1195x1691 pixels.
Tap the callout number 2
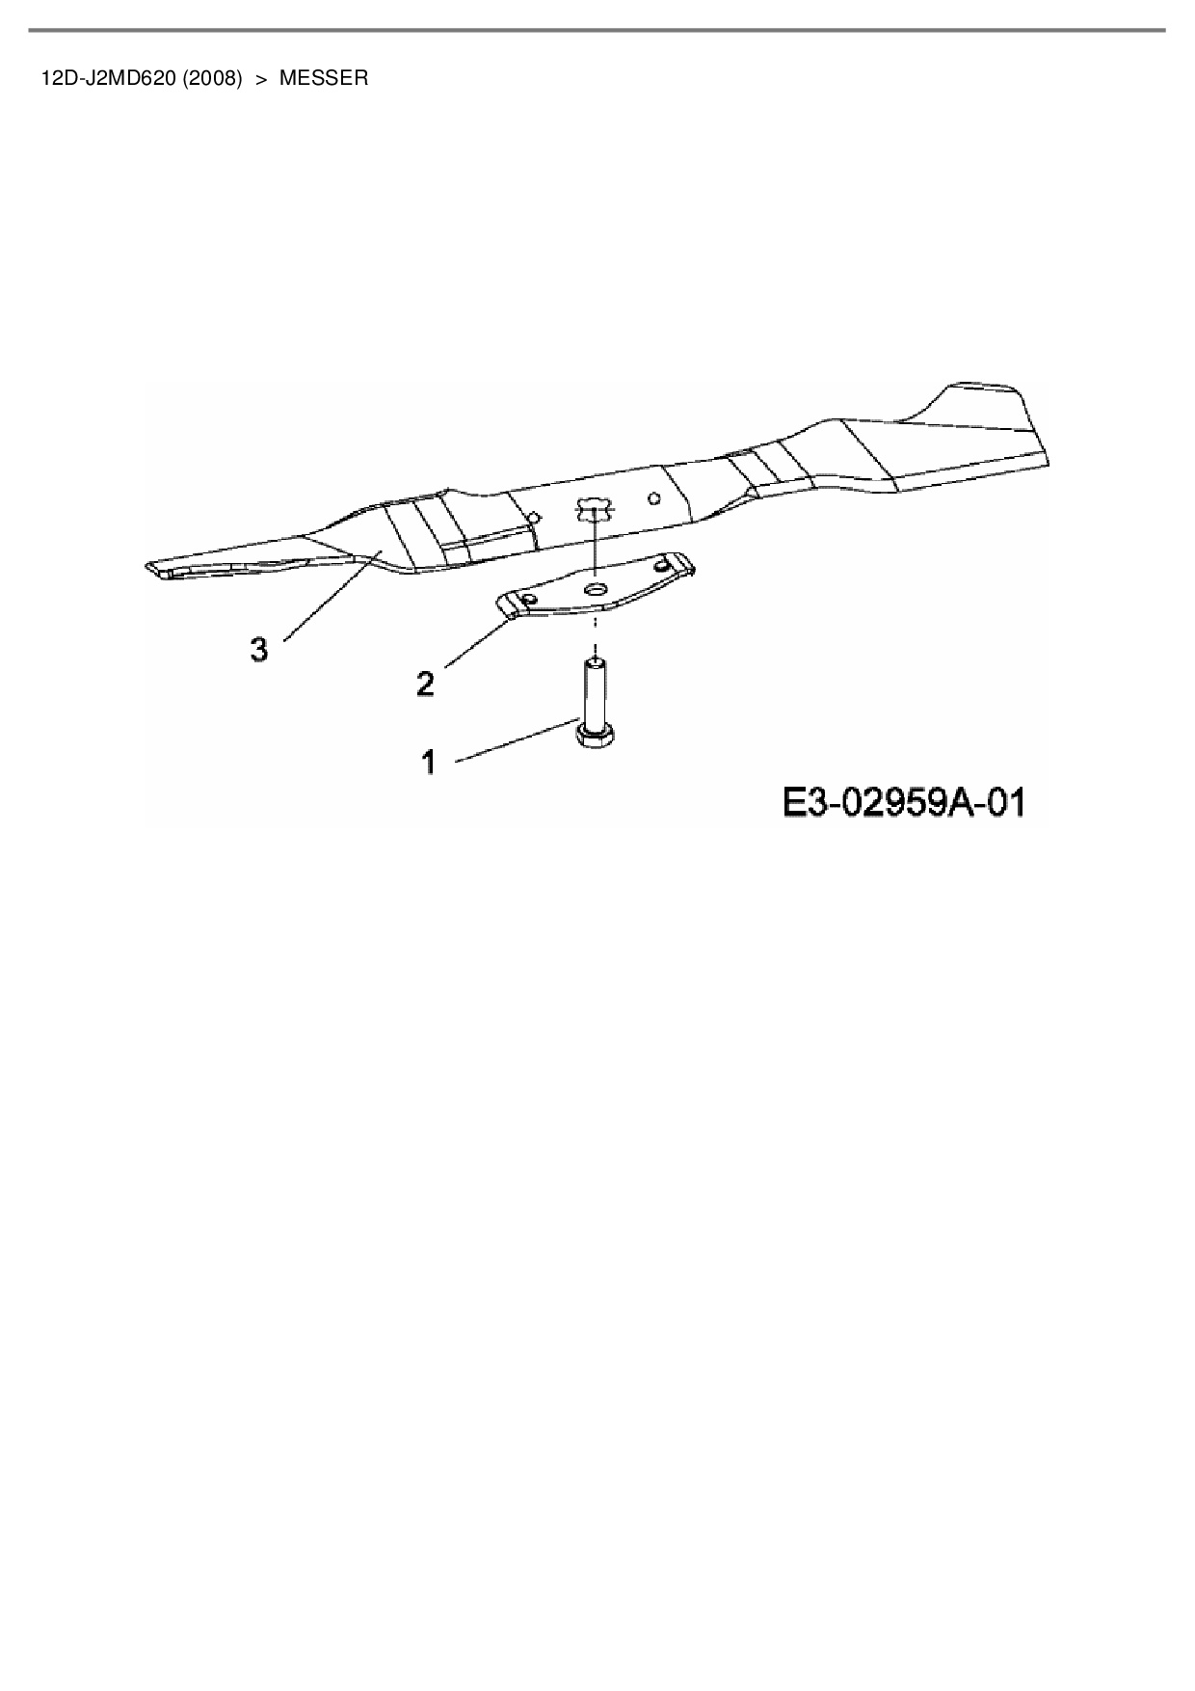coord(425,684)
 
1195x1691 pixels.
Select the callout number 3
coord(258,650)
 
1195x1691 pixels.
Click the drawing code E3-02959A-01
coord(903,802)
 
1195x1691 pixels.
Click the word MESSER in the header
coord(324,78)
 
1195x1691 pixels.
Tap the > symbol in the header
coord(260,78)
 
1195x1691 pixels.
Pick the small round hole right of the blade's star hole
coord(654,497)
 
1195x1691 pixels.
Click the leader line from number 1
coord(516,742)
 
